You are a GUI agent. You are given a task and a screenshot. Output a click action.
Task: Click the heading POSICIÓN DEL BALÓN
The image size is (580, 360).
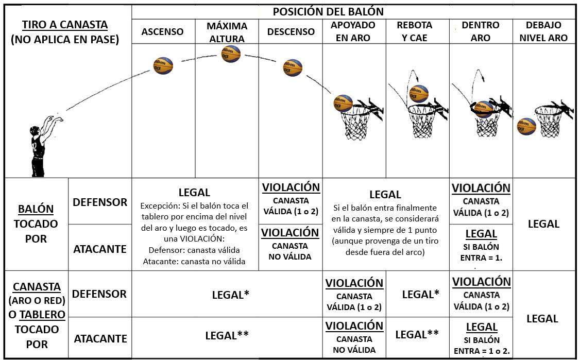[x=328, y=11]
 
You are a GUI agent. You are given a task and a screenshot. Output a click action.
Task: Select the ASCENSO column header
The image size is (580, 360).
[x=162, y=32]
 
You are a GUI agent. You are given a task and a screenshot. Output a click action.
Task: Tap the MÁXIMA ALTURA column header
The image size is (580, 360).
[x=227, y=32]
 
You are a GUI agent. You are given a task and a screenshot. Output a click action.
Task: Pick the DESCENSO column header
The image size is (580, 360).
[x=291, y=32]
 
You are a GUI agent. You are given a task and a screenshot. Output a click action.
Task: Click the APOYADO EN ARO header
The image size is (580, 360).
[x=353, y=32]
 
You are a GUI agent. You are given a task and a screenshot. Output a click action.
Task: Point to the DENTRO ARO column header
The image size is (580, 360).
[x=480, y=32]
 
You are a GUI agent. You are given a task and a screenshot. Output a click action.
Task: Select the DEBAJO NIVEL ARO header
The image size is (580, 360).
[x=543, y=32]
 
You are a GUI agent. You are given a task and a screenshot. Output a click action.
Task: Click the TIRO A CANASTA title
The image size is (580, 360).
[x=65, y=25]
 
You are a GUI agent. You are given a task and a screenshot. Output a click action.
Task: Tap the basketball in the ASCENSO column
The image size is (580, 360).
[x=163, y=66]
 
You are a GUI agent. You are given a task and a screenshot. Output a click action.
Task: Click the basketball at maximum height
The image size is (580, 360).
[x=231, y=54]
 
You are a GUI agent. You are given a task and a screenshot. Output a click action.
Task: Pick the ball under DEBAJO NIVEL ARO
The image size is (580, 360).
[x=526, y=126]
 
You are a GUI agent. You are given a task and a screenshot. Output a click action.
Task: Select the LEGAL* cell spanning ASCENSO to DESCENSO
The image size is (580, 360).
[x=231, y=295]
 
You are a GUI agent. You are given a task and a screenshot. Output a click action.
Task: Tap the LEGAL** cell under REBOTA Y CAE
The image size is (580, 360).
[x=417, y=335]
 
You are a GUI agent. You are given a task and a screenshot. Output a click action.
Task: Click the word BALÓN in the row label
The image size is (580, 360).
[x=36, y=209]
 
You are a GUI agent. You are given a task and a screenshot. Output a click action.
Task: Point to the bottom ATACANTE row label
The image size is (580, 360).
[x=100, y=339]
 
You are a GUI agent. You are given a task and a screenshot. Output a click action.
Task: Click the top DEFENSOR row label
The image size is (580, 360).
[x=100, y=202]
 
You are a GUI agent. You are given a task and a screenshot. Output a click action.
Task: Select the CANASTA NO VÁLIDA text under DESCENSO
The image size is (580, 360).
[x=291, y=251]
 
